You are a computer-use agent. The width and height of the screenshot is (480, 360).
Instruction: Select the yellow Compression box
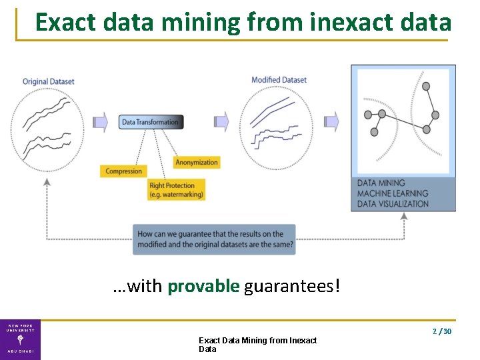[124, 171]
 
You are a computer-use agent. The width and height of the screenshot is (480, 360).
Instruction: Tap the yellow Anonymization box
[197, 162]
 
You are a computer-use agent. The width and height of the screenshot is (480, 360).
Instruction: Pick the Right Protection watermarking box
[176, 190]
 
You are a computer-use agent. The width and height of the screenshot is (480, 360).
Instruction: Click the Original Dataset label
[49, 81]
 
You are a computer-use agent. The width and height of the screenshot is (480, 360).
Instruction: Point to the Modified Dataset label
[279, 80]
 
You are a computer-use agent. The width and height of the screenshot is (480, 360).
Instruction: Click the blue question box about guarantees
[214, 239]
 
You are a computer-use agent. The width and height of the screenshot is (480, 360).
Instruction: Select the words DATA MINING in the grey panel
[381, 183]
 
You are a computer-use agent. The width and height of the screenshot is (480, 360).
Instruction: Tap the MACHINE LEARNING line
[393, 193]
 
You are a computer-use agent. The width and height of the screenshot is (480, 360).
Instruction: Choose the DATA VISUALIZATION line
[393, 204]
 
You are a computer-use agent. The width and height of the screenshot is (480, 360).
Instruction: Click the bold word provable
[203, 287]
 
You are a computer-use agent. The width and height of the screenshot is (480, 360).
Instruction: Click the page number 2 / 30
[442, 331]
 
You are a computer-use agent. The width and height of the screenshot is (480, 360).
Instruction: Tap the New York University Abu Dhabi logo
[20, 339]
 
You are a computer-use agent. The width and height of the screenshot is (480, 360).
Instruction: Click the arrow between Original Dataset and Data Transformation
[100, 121]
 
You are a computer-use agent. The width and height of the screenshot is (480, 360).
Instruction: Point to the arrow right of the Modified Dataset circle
[331, 121]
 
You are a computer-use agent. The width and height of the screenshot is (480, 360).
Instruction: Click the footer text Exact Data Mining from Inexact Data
[257, 345]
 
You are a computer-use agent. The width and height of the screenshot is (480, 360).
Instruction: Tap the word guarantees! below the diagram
[292, 287]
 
